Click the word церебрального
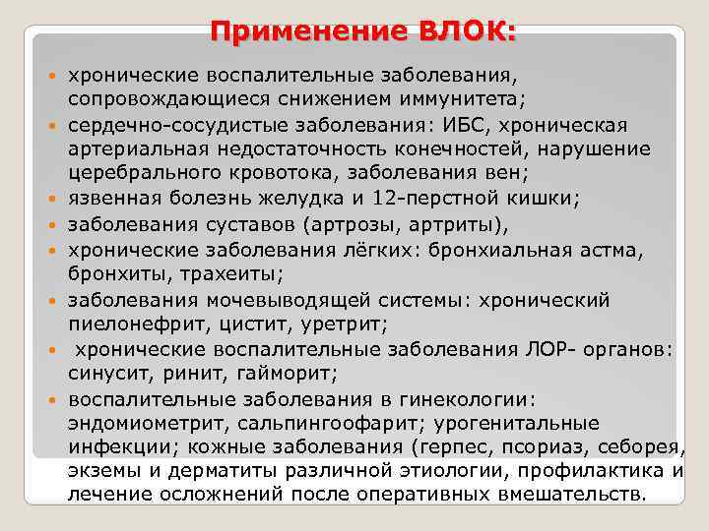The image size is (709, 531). [x=138, y=172]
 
